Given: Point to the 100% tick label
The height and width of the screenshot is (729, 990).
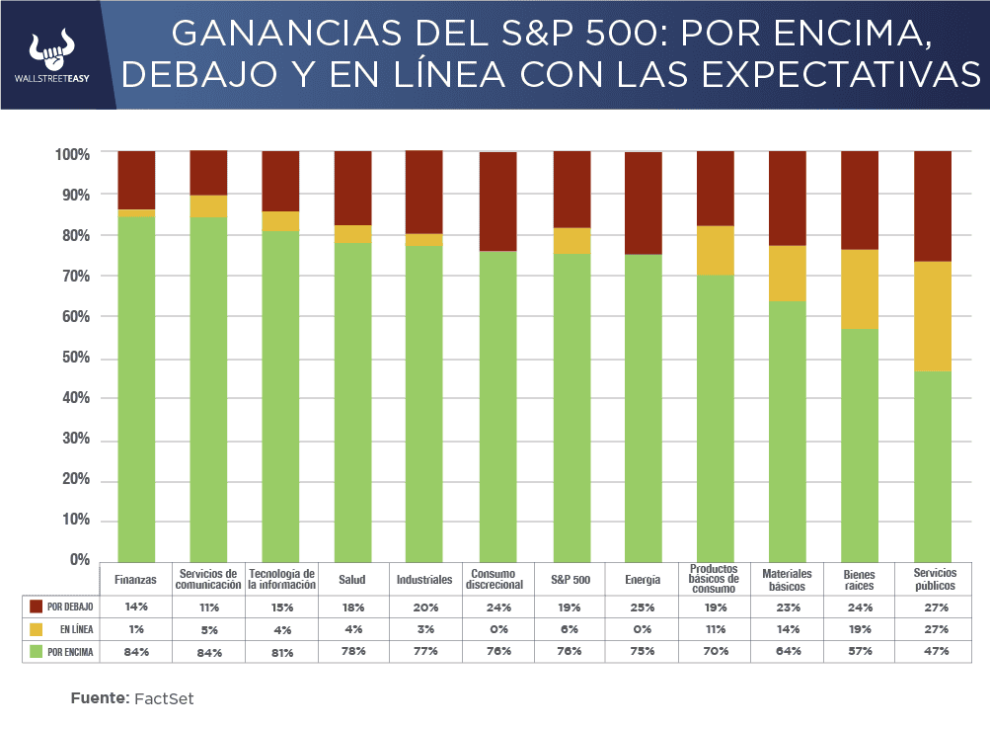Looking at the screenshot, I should coord(72,154).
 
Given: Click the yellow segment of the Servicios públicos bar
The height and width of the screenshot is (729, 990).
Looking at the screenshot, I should coord(933,316).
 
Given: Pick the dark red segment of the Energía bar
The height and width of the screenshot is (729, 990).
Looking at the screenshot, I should coord(643,202).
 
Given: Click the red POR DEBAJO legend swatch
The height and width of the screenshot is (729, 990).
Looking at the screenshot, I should coord(37,607).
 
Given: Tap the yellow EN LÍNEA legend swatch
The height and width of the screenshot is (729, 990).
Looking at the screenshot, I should coord(37,629).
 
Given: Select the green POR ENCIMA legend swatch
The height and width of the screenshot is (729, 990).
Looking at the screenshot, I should coord(37,651).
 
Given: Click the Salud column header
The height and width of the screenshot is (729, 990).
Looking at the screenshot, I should coord(351,580).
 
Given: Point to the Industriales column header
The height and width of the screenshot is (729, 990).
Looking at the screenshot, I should coord(423,580).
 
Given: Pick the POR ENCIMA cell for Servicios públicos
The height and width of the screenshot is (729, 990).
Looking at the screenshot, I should coord(934,651).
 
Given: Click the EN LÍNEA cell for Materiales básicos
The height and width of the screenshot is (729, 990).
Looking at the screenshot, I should coord(788,629).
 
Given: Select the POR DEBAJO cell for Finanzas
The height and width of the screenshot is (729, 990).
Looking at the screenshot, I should coord(136,607).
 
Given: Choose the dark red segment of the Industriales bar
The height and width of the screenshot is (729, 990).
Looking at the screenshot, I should coord(424,192).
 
